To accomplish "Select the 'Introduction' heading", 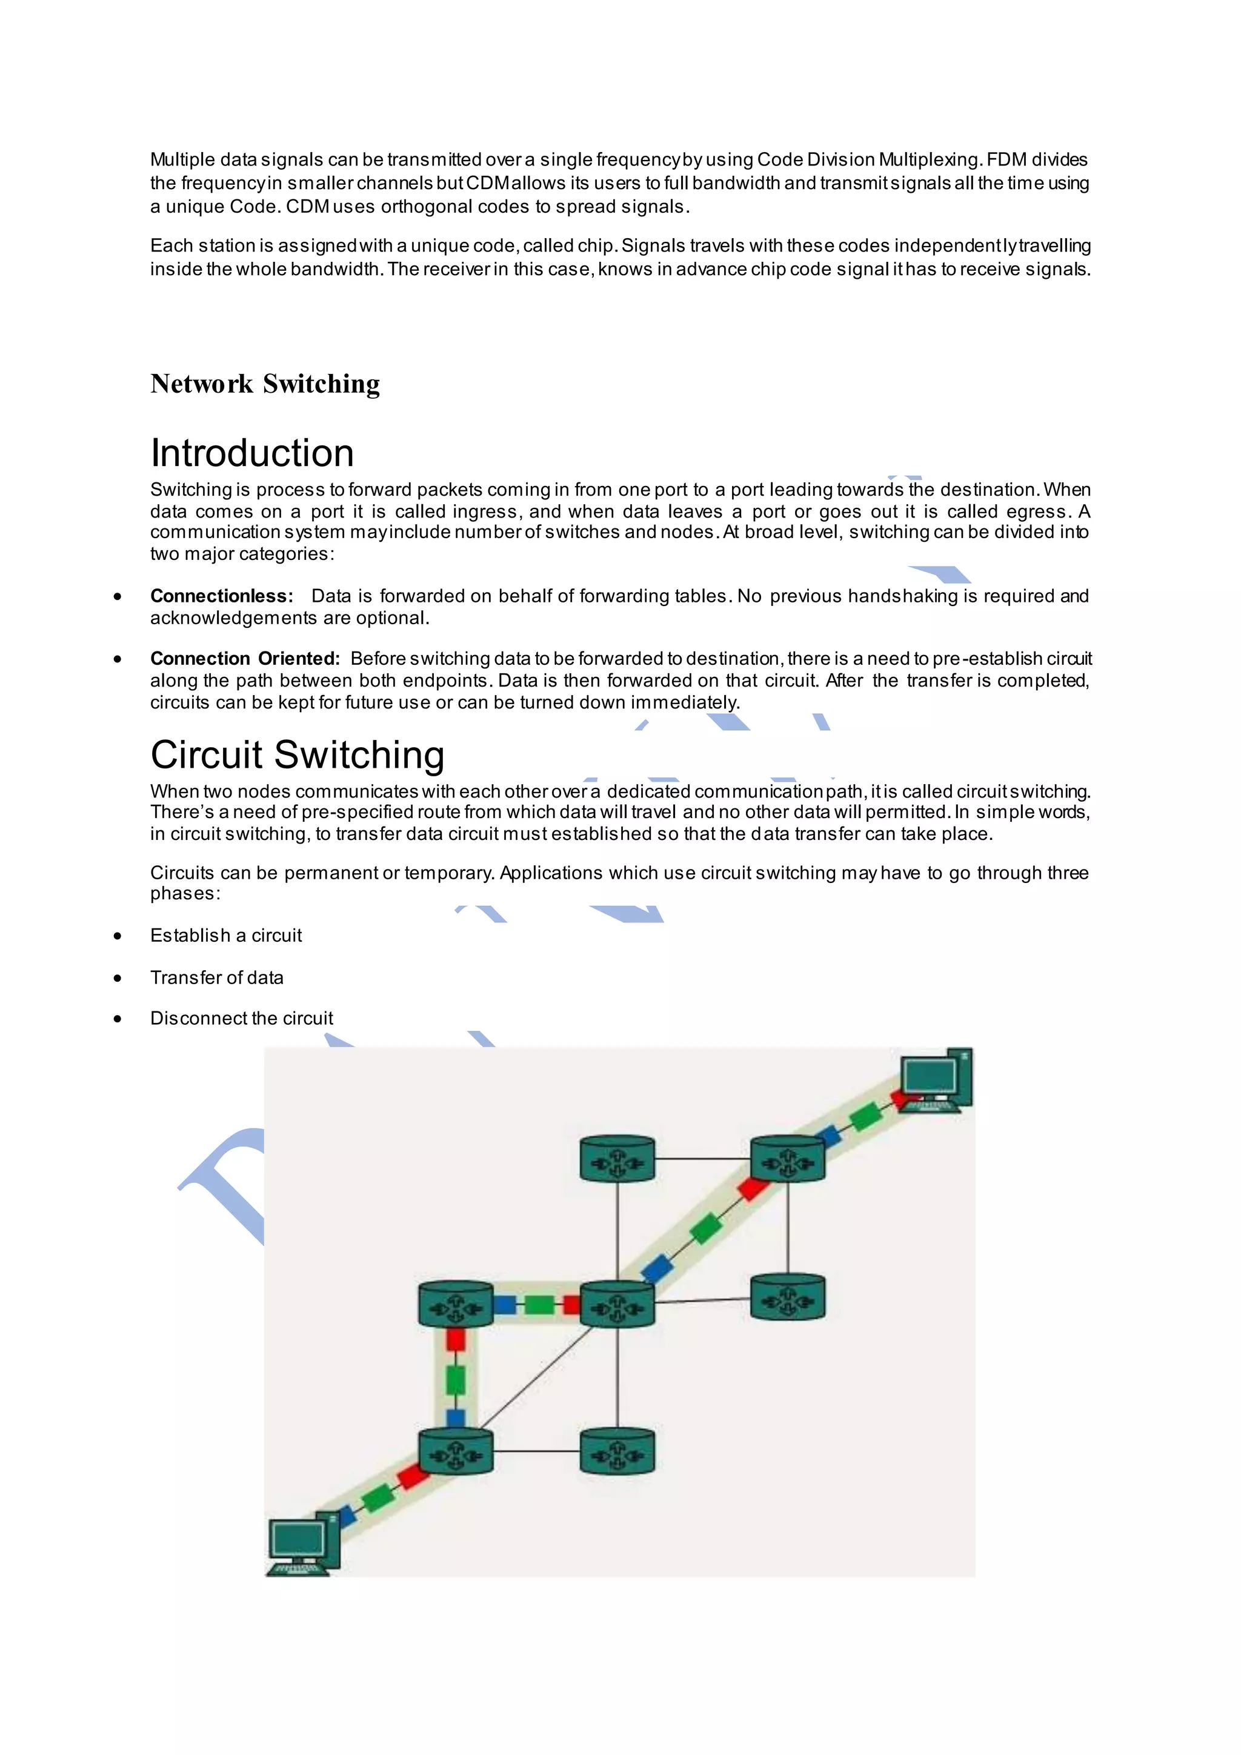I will (252, 453).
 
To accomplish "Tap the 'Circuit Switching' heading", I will (298, 754).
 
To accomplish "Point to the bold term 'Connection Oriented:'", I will (245, 659).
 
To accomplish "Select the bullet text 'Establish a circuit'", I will (225, 936).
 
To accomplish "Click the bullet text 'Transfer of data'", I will (216, 977).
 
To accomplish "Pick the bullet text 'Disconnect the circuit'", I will (242, 1018).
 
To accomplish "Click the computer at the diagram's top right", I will (936, 1080).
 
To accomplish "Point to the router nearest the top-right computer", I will (788, 1159).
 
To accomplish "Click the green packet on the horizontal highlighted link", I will (539, 1305).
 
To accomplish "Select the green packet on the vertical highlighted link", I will (456, 1380).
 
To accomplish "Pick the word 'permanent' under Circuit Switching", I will (331, 873).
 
